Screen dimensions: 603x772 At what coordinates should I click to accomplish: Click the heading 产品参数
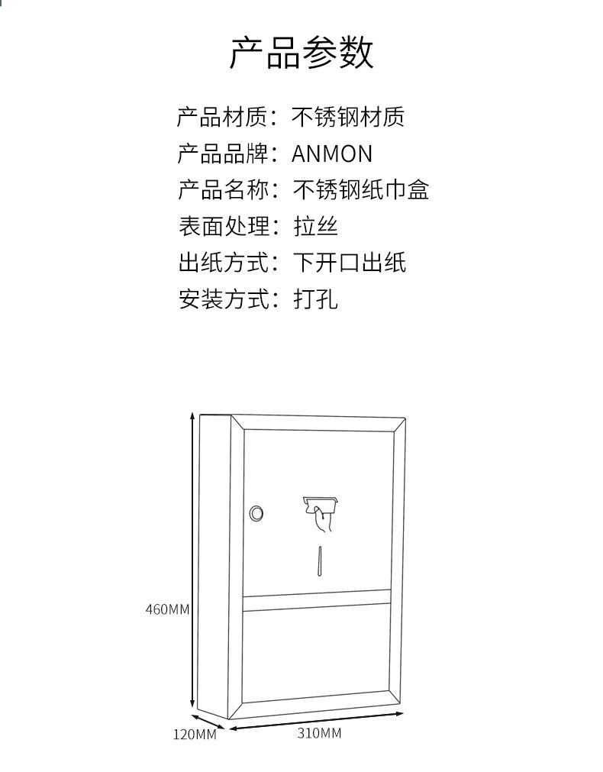point(301,53)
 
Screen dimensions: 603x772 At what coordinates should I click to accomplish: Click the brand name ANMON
point(332,153)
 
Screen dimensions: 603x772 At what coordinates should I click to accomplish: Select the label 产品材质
point(222,117)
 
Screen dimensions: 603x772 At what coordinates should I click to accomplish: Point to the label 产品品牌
point(222,153)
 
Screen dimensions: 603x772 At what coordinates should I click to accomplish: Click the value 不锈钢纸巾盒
point(360,189)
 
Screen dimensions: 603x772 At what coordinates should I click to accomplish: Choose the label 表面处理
point(222,226)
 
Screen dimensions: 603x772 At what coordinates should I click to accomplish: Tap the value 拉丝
point(315,226)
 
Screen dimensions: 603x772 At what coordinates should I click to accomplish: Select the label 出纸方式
point(222,263)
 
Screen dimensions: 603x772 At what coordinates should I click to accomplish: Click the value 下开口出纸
point(350,263)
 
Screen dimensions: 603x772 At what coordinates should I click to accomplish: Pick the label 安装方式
point(222,299)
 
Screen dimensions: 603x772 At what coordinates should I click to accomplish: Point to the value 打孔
point(315,299)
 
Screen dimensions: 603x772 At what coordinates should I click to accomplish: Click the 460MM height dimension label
point(167,609)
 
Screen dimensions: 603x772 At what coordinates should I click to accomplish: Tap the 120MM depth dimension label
point(195,735)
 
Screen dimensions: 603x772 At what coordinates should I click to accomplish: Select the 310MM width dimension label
point(319,733)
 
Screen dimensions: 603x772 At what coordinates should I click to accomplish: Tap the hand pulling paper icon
point(321,512)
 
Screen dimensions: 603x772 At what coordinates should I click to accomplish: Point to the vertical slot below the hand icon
point(321,561)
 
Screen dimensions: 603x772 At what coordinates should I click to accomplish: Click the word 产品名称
point(222,189)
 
